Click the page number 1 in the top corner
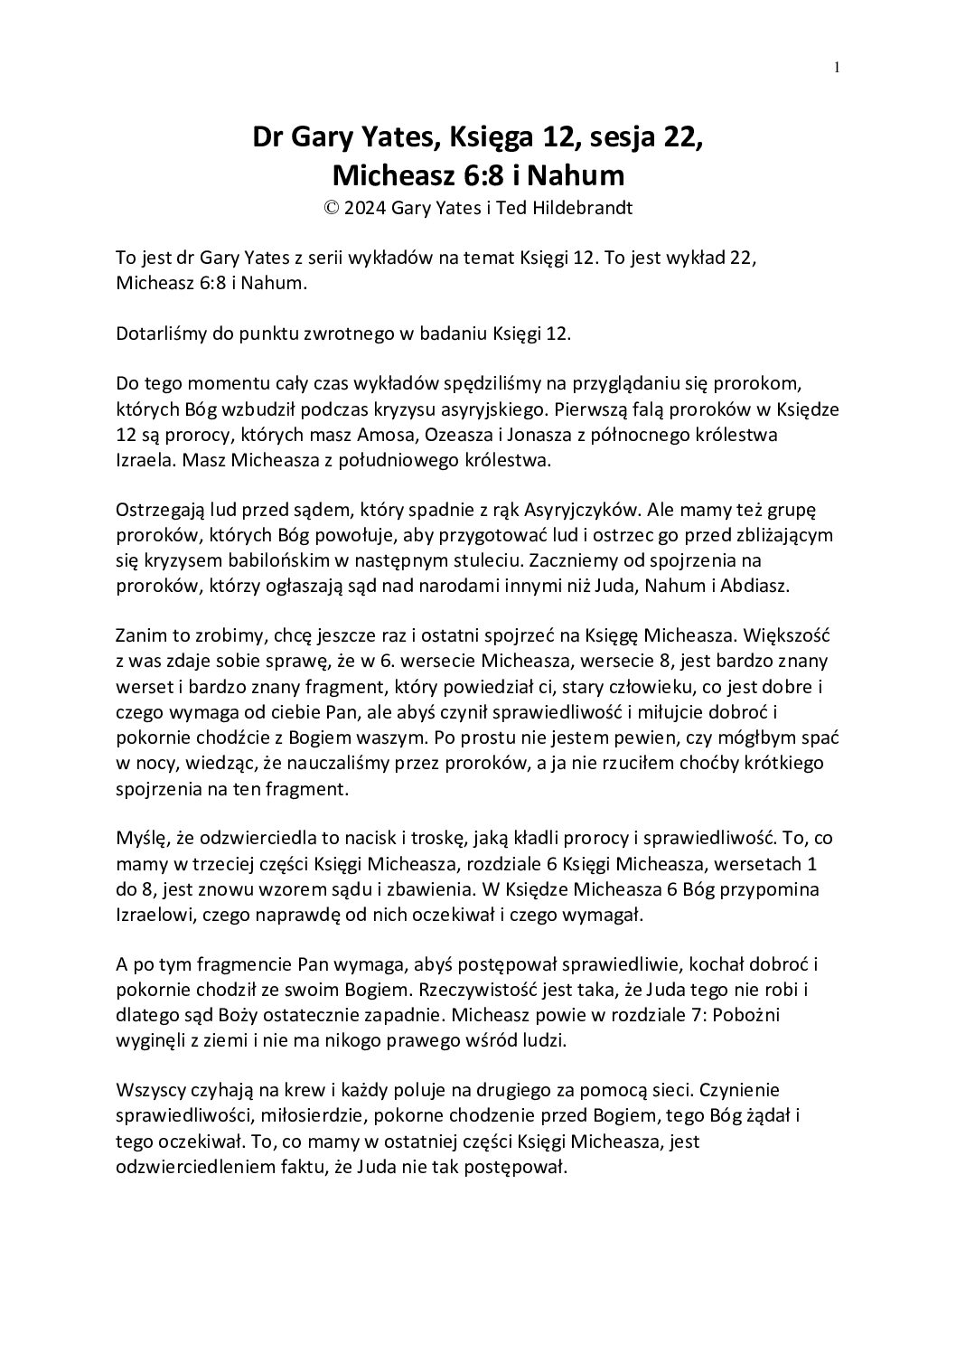[x=838, y=66]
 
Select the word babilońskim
[x=250, y=559]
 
